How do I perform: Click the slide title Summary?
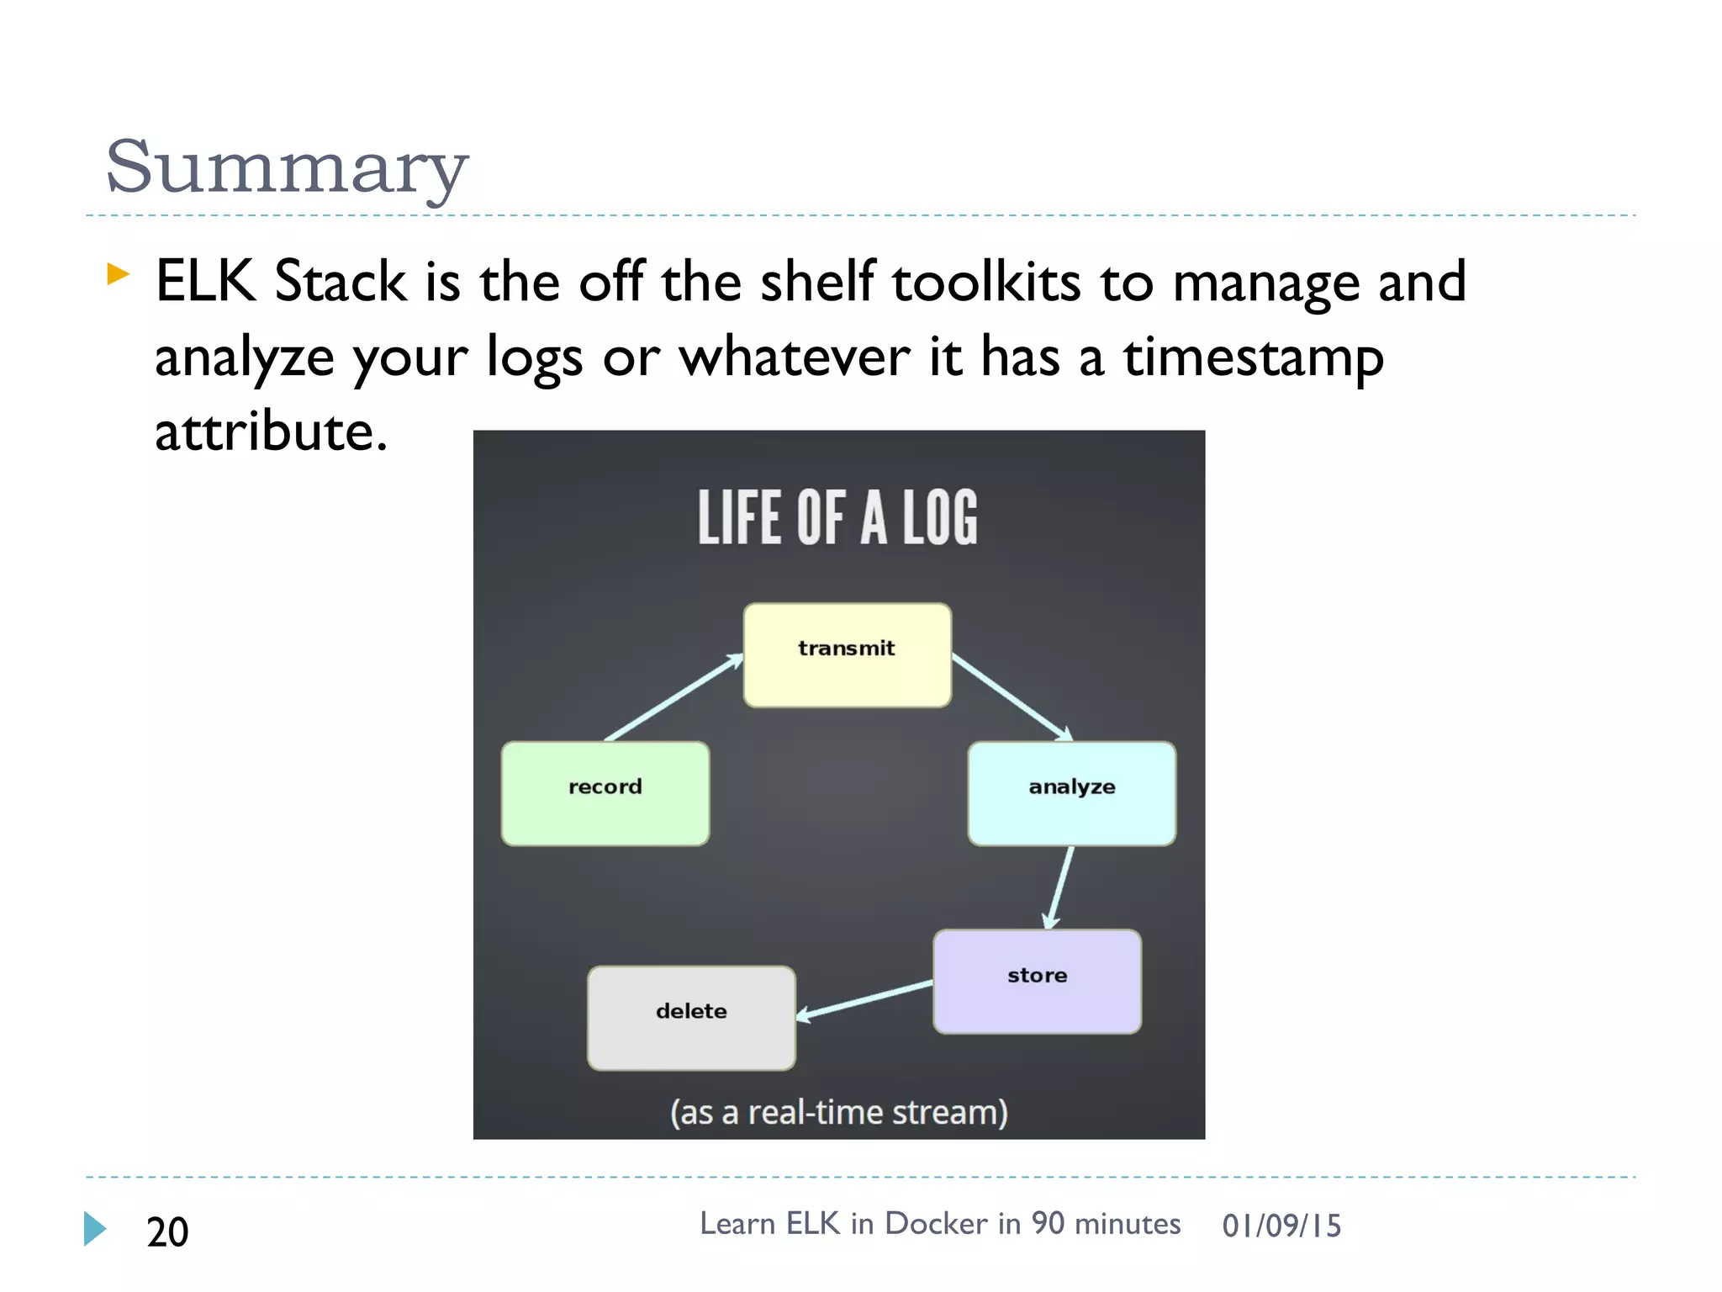point(286,167)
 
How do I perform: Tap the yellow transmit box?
point(847,655)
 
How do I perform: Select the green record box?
point(605,793)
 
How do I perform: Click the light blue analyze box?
point(1071,793)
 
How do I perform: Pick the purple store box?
point(1037,981)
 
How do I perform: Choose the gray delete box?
point(691,1018)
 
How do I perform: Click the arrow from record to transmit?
point(673,698)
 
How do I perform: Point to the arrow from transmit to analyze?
point(1012,697)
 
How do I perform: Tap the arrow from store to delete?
point(864,999)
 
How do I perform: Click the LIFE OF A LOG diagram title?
point(837,517)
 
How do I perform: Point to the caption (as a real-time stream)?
point(838,1112)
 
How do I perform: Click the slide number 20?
point(167,1231)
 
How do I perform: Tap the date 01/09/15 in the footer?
point(1281,1226)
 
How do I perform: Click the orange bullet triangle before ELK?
point(118,273)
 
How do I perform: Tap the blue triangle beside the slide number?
point(95,1229)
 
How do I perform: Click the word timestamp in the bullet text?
point(1253,357)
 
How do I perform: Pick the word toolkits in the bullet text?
point(985,282)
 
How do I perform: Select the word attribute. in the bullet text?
point(271,432)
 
